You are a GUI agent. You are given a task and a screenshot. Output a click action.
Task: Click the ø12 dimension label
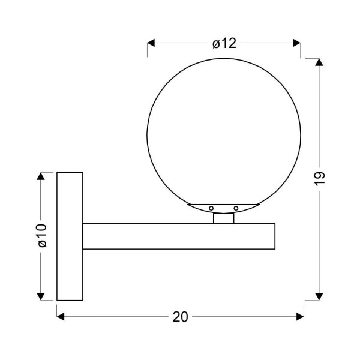click(x=224, y=43)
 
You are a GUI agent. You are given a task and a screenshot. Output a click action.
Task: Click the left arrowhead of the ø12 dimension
click(x=151, y=43)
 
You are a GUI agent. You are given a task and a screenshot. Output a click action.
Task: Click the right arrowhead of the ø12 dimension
click(x=296, y=43)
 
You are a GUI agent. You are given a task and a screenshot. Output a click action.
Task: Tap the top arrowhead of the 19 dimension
click(x=319, y=62)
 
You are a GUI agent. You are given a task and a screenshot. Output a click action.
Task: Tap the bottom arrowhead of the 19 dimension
click(x=319, y=295)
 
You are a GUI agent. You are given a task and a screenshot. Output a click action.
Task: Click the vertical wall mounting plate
click(x=70, y=236)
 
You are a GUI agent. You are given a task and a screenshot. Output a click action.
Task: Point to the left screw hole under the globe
click(x=211, y=208)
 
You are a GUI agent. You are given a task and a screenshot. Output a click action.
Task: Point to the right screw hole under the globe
click(x=236, y=208)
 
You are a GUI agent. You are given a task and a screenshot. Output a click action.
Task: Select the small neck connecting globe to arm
click(x=223, y=218)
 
